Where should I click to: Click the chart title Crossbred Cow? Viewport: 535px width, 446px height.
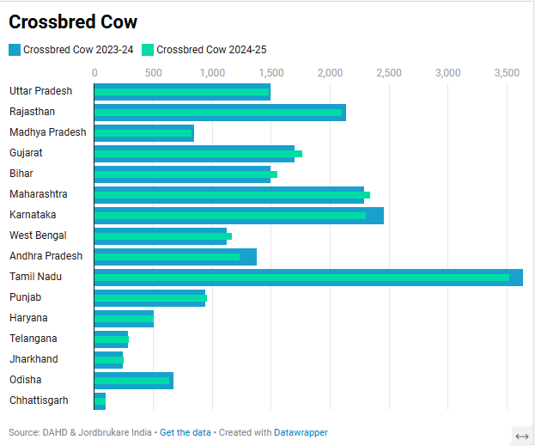pyautogui.click(x=73, y=22)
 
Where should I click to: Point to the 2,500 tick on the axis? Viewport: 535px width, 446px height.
pyautogui.click(x=389, y=73)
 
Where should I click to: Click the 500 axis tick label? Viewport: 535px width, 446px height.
pyautogui.click(x=154, y=73)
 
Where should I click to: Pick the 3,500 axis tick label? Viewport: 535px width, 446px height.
pyautogui.click(x=507, y=73)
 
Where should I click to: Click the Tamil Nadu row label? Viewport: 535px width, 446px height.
pyautogui.click(x=36, y=277)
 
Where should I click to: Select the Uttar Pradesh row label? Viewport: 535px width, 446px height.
pyautogui.click(x=40, y=91)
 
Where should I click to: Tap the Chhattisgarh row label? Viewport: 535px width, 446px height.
pyautogui.click(x=39, y=400)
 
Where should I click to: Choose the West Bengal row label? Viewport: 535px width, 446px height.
pyautogui.click(x=38, y=235)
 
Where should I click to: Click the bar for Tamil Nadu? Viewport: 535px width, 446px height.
pyautogui.click(x=307, y=277)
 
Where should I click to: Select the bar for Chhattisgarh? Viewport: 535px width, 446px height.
pyautogui.click(x=100, y=400)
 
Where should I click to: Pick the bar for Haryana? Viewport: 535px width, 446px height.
pyautogui.click(x=124, y=318)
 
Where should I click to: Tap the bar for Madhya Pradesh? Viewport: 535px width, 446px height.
pyautogui.click(x=143, y=132)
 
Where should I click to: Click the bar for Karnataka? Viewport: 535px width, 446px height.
pyautogui.click(x=238, y=215)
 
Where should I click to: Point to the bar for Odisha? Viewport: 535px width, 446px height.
pyautogui.click(x=133, y=380)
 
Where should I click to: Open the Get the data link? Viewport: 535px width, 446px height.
pyautogui.click(x=185, y=432)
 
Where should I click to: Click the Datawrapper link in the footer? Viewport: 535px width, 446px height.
pyautogui.click(x=301, y=432)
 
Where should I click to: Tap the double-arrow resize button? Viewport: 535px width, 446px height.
pyautogui.click(x=521, y=436)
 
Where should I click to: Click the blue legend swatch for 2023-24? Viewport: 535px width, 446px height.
pyautogui.click(x=15, y=50)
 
